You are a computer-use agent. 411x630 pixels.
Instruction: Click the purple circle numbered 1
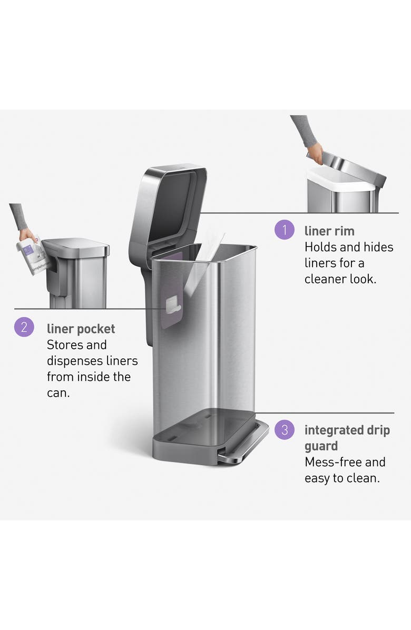pyautogui.click(x=285, y=230)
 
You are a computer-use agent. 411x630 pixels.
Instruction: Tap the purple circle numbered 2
pyautogui.click(x=24, y=328)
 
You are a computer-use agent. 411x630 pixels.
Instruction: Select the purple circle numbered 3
pyautogui.click(x=285, y=429)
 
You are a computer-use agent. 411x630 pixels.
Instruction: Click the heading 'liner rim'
pyautogui.click(x=329, y=231)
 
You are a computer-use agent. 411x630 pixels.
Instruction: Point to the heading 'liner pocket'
pyautogui.click(x=81, y=329)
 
